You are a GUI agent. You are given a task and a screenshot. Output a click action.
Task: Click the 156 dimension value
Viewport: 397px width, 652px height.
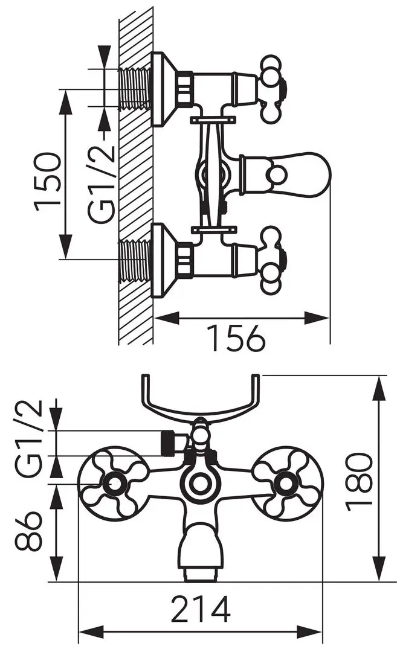236,337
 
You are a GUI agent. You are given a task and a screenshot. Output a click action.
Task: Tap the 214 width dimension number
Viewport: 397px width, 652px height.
201,609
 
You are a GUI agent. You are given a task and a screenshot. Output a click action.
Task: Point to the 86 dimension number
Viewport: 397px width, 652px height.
29,531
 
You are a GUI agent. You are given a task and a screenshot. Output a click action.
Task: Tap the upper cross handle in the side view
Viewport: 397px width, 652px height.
273,89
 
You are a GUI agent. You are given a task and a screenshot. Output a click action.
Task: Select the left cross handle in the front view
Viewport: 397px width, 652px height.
112,484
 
